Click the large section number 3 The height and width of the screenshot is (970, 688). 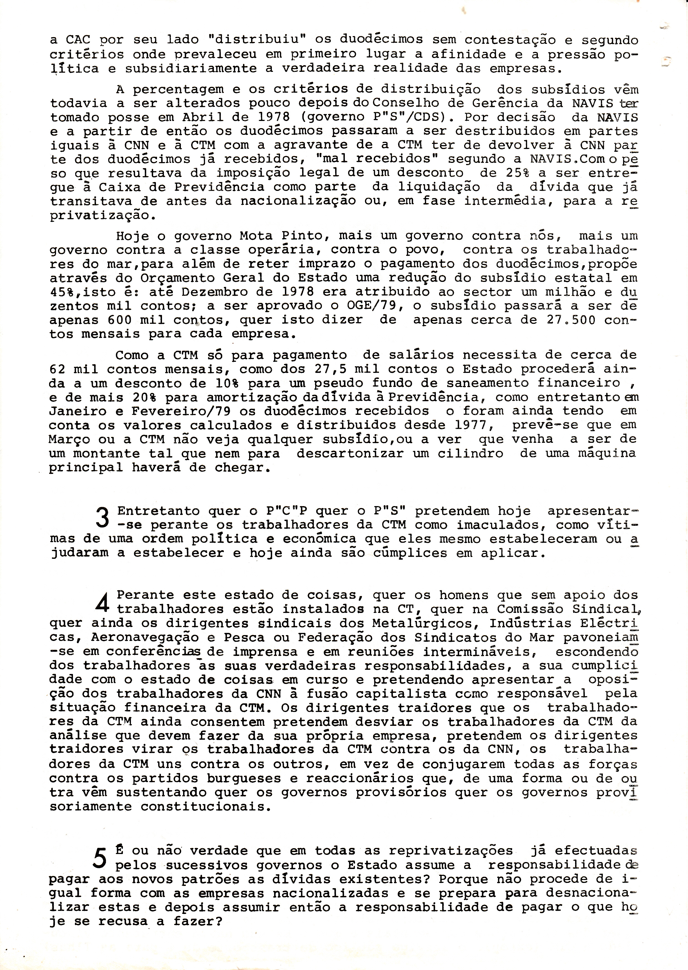coord(103,518)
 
